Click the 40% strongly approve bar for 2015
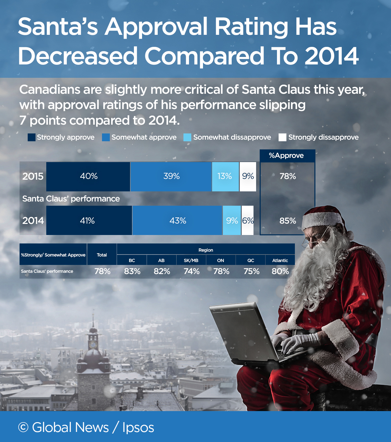pyautogui.click(x=88, y=176)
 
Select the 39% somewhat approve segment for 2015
pyautogui.click(x=171, y=176)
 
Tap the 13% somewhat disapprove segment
pyautogui.click(x=225, y=176)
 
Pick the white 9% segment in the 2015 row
pyautogui.click(x=248, y=176)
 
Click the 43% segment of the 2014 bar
pyautogui.click(x=177, y=221)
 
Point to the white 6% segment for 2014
pyautogui.click(x=248, y=221)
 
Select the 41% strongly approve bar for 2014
pyautogui.click(x=89, y=221)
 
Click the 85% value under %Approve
pyautogui.click(x=287, y=221)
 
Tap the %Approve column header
pyautogui.click(x=287, y=156)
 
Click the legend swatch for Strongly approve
pyautogui.click(x=32, y=137)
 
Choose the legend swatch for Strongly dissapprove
pyautogui.click(x=282, y=137)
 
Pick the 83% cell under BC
pyautogui.click(x=132, y=271)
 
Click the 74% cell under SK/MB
pyautogui.click(x=191, y=271)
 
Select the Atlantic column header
pyautogui.click(x=280, y=260)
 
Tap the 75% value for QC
pyautogui.click(x=251, y=271)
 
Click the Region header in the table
pyautogui.click(x=206, y=250)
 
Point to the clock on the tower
pyautogui.click(x=93, y=344)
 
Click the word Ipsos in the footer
pyautogui.click(x=138, y=427)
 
